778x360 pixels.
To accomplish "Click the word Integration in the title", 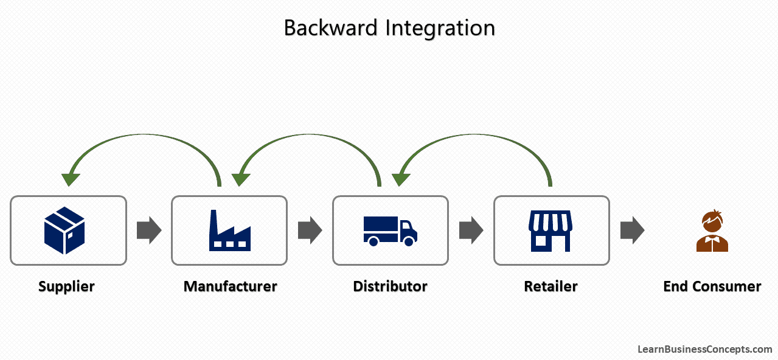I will coord(437,29).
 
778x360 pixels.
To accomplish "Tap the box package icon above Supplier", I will coord(64,230).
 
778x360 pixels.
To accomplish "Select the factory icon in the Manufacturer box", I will coord(229,231).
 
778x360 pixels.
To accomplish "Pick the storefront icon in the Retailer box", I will coord(550,231).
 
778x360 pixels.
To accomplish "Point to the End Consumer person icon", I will coord(712,231).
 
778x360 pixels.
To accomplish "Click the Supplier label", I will coord(66,286).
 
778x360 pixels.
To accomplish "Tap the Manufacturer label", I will coord(230,286).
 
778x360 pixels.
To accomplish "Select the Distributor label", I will coord(390,286).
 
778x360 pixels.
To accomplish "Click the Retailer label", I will coord(551,286).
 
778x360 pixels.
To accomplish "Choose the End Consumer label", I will coord(712,286).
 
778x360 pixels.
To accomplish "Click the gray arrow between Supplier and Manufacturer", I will coord(148,230).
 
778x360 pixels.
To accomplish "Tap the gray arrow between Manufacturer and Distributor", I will coord(310,230).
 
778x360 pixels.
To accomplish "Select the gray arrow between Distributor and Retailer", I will coord(471,230).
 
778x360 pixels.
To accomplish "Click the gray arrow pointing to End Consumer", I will coord(632,230).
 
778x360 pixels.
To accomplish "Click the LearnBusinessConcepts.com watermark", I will coord(704,349).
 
